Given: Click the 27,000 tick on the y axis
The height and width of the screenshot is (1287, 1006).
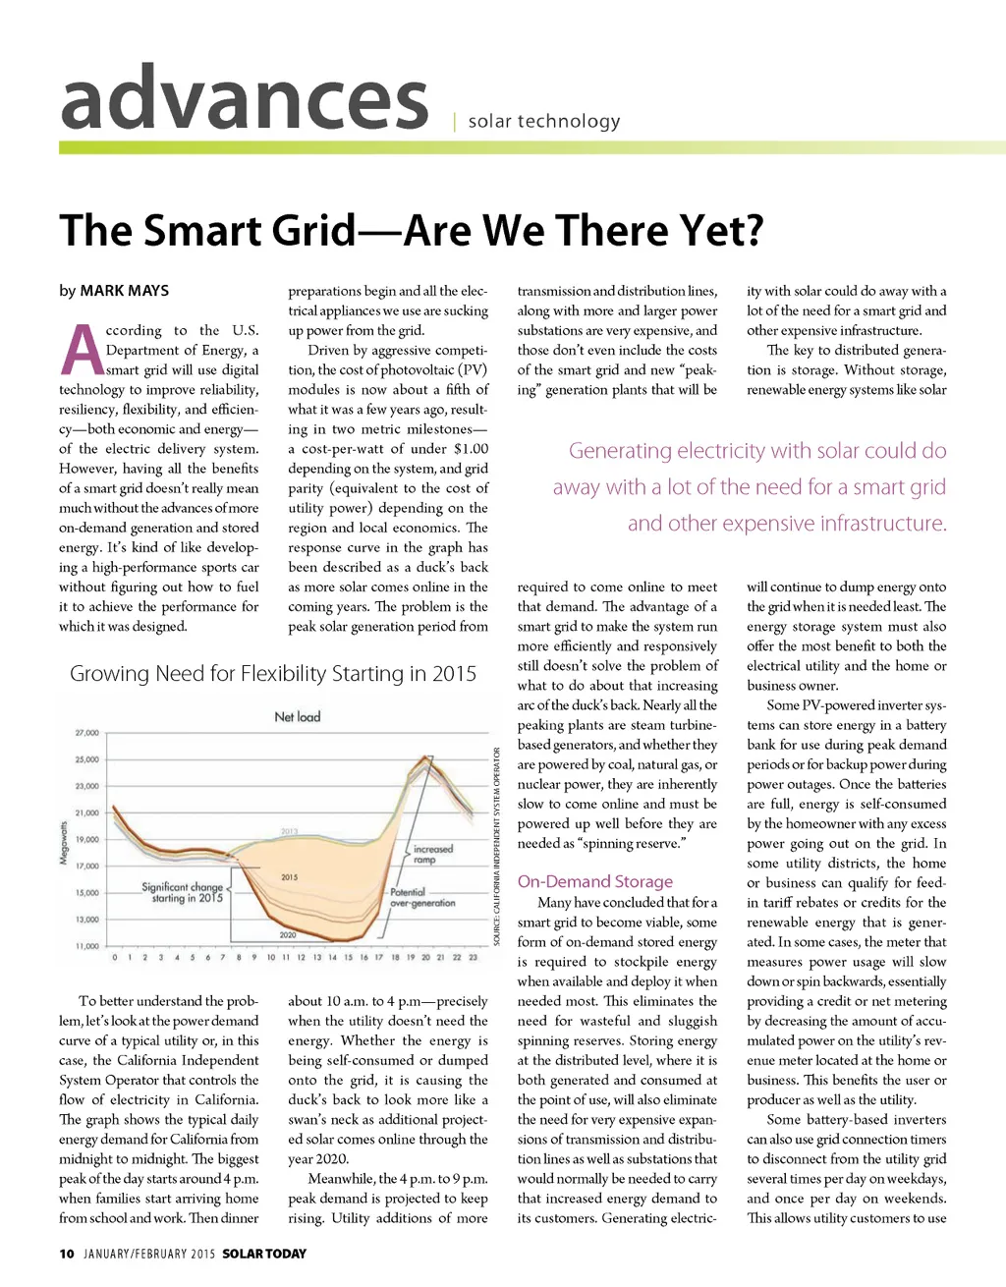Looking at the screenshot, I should pos(86,733).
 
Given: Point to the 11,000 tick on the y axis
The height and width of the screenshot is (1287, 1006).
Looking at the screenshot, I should pos(86,946).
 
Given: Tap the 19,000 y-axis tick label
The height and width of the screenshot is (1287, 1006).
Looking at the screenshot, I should pos(86,840).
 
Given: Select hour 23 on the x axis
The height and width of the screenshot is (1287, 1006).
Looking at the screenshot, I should pos(473,957).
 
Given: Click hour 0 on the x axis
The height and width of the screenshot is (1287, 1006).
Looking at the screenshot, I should pos(115,957).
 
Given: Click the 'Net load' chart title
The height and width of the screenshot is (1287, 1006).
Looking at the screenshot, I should pos(297,717).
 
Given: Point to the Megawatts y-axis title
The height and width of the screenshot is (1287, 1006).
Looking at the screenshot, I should pos(64,843).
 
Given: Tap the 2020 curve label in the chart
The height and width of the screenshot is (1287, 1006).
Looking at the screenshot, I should pos(288,934).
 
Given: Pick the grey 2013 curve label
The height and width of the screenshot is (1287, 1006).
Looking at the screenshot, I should pos(289,831).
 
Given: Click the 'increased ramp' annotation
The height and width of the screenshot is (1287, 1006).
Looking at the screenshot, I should pos(432,854).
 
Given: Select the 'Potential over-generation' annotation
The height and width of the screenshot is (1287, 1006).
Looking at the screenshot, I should pos(421,898).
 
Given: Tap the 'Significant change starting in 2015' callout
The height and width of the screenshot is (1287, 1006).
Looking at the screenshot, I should pos(183,892).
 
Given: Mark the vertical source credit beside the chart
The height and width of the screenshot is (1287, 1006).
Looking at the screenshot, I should pos(497,846).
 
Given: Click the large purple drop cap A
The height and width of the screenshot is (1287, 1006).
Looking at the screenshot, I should pos(83,351).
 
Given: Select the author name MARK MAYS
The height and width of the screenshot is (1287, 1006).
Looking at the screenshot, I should pos(124,291).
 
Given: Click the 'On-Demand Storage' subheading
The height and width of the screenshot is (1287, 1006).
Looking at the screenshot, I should pos(595,881).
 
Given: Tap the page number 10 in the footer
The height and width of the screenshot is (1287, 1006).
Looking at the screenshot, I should pos(67,1254).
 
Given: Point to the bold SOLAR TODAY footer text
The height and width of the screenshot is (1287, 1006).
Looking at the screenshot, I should pos(264,1254).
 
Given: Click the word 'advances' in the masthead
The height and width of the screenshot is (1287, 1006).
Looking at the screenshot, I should pos(245,100).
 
